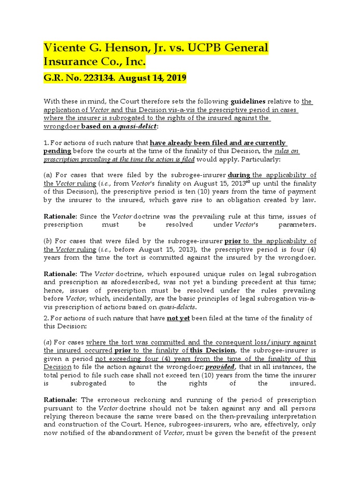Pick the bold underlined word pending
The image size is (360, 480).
(x=58, y=151)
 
